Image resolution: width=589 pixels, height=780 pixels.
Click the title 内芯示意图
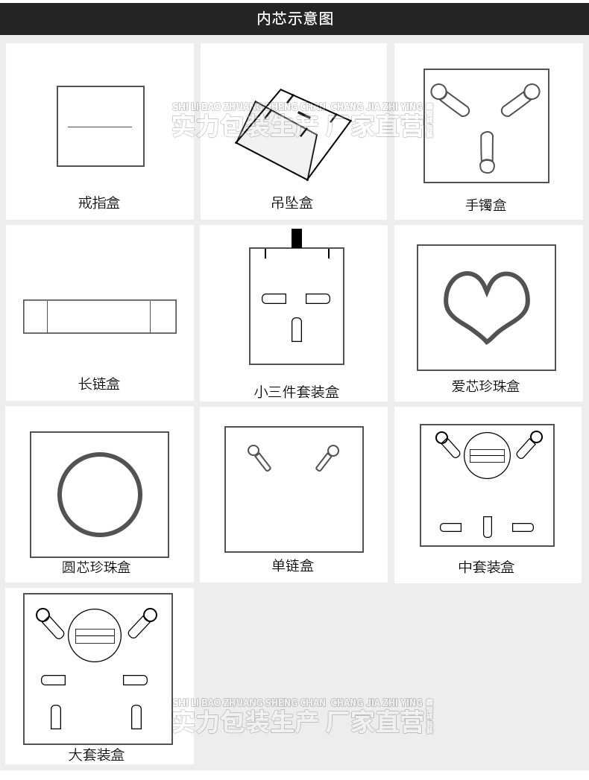[294, 19]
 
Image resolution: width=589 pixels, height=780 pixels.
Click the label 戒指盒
[98, 202]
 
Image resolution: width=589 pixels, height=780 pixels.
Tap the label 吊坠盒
[292, 202]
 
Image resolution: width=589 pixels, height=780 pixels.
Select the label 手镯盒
[486, 205]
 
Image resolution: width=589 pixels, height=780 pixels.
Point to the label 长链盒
[98, 384]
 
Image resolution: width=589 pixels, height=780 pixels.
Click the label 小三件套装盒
[296, 392]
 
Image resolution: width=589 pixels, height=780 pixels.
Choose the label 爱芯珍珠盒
[485, 386]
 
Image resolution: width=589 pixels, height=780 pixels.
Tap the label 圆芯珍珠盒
[96, 567]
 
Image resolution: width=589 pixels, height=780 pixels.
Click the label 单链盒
[292, 565]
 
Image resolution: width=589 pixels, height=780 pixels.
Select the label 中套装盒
[486, 567]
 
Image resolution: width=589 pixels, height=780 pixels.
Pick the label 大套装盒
[96, 755]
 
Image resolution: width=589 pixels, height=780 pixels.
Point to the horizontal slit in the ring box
[100, 127]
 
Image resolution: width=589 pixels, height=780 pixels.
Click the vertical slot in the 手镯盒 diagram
[487, 151]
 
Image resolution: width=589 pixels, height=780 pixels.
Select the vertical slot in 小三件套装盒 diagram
[297, 329]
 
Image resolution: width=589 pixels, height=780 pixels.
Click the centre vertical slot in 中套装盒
[488, 526]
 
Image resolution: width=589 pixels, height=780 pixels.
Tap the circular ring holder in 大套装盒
[95, 635]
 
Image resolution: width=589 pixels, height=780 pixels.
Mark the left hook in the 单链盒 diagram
[259, 457]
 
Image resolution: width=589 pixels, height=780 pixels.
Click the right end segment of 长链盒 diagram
[163, 317]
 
